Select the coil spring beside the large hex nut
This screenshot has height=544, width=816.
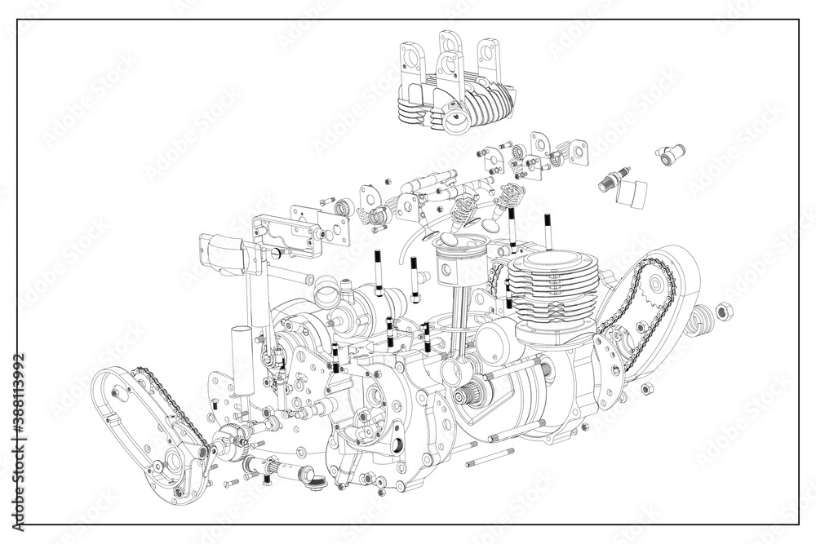coord(701,321)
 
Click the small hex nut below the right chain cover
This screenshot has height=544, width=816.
coord(646,387)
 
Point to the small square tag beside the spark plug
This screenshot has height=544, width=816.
coord(632,192)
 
